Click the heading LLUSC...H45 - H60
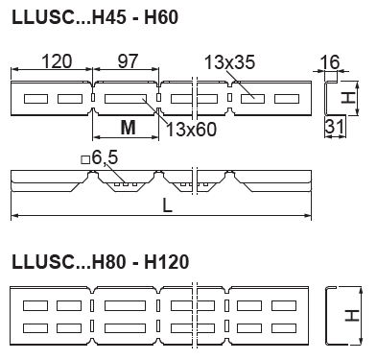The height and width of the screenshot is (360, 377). [x=95, y=17]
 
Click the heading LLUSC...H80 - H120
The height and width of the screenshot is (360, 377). [x=101, y=262]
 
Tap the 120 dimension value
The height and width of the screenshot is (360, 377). [x=57, y=61]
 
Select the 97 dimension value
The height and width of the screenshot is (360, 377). [x=128, y=61]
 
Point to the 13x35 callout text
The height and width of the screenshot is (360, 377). [x=229, y=62]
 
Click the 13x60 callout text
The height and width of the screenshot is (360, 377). [x=192, y=130]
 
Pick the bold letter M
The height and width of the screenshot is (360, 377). [x=129, y=128]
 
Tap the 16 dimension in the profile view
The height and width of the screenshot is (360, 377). [x=330, y=62]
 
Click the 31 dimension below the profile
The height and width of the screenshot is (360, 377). [x=335, y=126]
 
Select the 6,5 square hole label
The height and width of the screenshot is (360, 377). [x=105, y=157]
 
